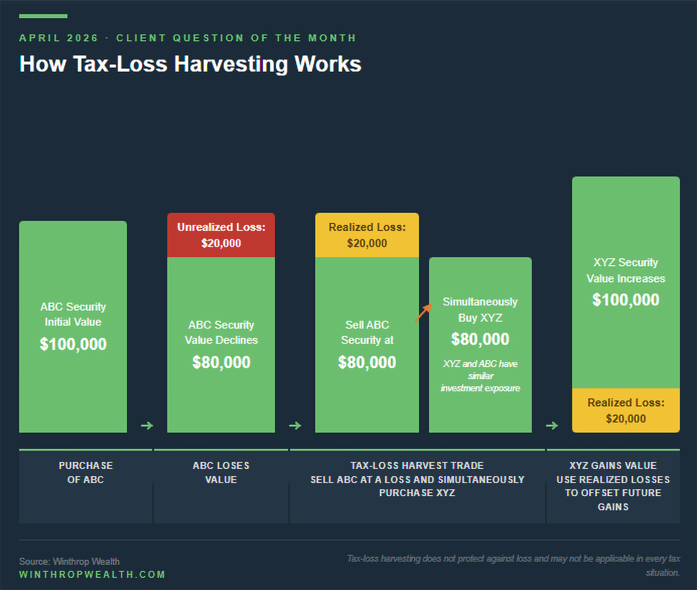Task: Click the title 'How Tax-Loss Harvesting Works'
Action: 190,64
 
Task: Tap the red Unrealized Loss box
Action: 221,235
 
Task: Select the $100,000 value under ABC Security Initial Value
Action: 73,344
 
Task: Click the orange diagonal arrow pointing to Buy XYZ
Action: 423,313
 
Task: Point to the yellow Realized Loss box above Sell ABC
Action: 367,235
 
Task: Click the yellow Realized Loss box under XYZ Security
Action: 626,411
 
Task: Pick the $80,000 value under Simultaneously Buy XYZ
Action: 480,339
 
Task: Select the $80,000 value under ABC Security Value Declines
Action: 221,362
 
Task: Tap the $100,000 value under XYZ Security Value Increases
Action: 626,300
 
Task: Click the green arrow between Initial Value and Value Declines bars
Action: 147,426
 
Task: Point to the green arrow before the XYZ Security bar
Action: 552,426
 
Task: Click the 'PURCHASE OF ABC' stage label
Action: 86,473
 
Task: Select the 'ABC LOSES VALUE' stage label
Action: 221,473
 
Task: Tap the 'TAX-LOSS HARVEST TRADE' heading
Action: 417,466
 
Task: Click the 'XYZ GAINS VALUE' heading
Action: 613,466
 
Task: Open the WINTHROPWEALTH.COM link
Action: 92,574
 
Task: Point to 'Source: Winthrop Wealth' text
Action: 69,561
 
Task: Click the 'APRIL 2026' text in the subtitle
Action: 58,38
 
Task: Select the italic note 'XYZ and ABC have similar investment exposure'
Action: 480,376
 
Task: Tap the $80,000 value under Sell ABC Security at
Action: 367,362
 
